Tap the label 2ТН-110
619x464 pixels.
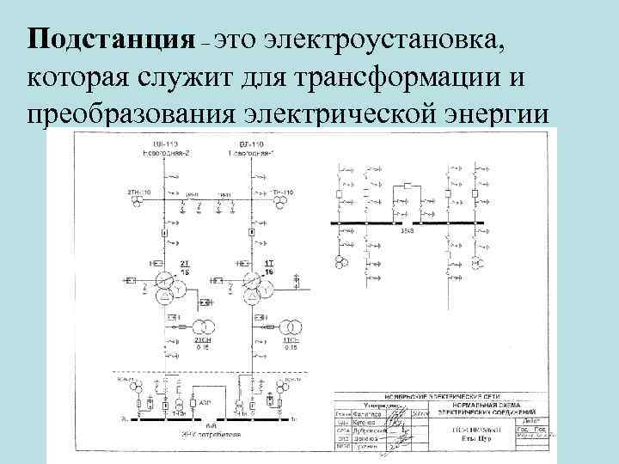(140, 192)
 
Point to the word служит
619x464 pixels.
(184, 77)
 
